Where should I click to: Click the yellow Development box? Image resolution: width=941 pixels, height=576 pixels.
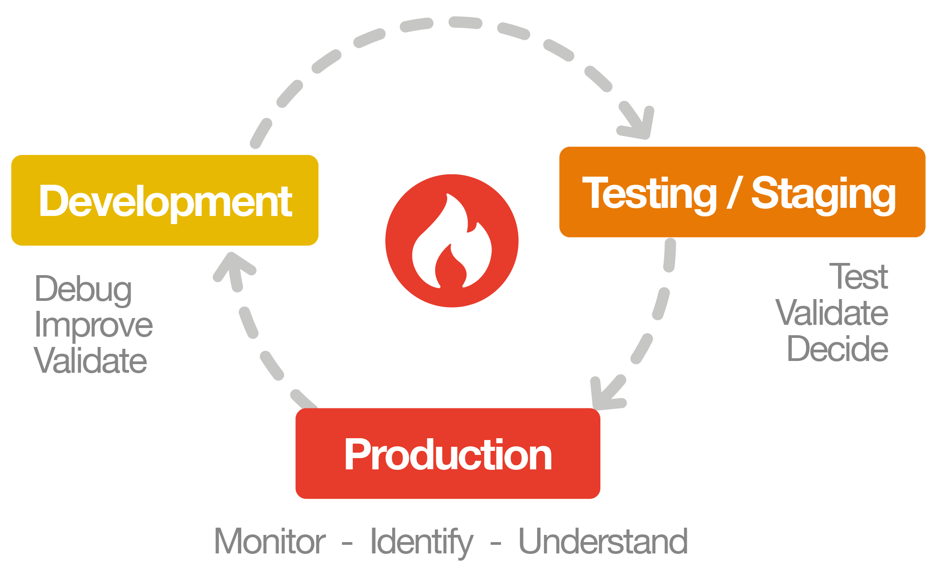click(x=165, y=200)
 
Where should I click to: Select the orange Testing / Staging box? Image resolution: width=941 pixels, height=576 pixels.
click(x=742, y=192)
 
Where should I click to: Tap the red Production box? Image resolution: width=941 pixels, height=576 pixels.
click(x=448, y=453)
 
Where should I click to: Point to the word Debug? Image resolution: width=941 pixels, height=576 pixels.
click(x=83, y=290)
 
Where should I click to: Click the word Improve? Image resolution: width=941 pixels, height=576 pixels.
click(x=94, y=325)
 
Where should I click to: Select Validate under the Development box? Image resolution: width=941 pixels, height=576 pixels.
click(x=90, y=361)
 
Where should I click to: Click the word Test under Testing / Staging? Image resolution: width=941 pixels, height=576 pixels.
click(x=859, y=276)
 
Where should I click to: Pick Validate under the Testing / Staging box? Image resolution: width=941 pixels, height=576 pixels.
click(x=832, y=313)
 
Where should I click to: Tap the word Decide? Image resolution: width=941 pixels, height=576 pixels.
click(x=838, y=349)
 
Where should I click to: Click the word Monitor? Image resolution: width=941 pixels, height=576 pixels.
click(x=270, y=541)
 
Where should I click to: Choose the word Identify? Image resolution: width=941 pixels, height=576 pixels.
click(x=421, y=542)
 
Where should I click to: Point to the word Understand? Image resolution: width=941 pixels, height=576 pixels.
click(x=603, y=541)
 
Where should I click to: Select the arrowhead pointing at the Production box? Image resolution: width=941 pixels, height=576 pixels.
click(x=607, y=392)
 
